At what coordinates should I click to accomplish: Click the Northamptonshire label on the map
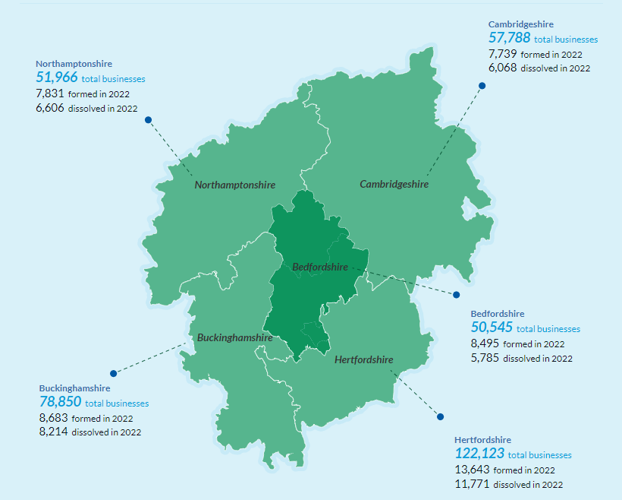click(234, 185)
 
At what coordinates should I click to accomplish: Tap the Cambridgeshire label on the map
click(394, 184)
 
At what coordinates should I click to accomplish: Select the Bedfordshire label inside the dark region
click(319, 267)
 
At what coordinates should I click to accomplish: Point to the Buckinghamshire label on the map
click(234, 337)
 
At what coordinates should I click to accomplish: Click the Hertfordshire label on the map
click(363, 359)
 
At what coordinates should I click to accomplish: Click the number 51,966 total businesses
click(57, 78)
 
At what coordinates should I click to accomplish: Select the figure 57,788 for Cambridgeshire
click(509, 38)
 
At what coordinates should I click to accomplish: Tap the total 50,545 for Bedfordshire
click(492, 328)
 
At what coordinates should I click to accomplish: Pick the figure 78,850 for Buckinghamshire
click(60, 402)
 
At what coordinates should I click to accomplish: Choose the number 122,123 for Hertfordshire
click(479, 454)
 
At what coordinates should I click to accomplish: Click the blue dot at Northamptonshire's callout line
click(149, 119)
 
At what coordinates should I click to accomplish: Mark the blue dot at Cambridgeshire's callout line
click(482, 86)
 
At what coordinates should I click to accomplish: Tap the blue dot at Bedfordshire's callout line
click(457, 294)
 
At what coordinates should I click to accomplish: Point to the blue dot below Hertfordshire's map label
click(439, 416)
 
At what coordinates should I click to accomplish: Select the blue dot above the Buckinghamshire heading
click(113, 373)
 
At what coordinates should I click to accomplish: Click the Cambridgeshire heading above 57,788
click(520, 24)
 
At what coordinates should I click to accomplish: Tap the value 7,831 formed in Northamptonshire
click(50, 93)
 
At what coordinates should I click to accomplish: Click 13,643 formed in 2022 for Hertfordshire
click(473, 470)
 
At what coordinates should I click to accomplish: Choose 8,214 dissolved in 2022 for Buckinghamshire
click(53, 432)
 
